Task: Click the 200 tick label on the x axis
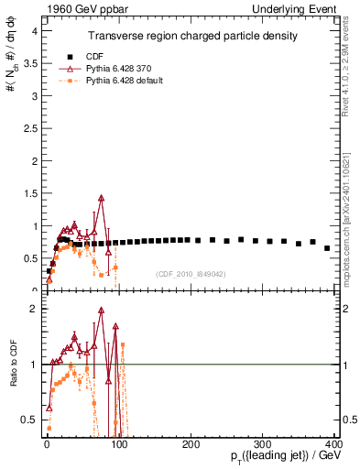[x=191, y=444]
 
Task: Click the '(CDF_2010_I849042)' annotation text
[x=191, y=273]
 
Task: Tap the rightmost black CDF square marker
[x=327, y=247]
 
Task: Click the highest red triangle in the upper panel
[x=102, y=197]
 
